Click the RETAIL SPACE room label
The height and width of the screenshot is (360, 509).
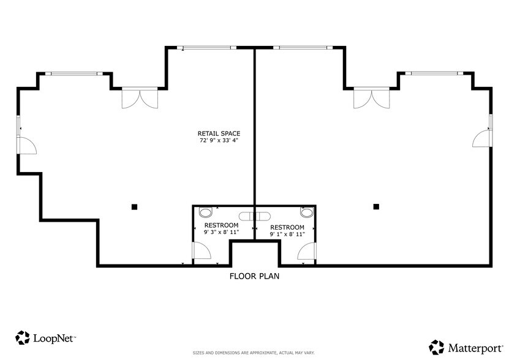point(219,133)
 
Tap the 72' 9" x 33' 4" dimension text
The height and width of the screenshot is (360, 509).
point(219,141)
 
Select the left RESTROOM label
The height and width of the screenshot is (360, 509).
point(221,225)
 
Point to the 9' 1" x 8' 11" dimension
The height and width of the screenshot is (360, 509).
point(287,234)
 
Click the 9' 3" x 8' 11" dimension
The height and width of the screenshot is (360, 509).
point(221,232)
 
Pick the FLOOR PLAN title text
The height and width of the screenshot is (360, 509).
point(255,276)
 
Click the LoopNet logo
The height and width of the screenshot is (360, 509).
point(46,338)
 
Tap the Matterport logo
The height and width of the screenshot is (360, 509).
point(466,348)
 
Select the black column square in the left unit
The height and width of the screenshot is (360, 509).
point(134,207)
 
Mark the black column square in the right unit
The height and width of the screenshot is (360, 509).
point(376,206)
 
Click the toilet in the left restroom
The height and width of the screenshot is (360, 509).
point(205,212)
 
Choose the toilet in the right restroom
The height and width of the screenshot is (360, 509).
point(307,212)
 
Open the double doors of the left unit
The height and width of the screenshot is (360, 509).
point(140,98)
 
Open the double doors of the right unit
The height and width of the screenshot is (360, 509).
point(372,98)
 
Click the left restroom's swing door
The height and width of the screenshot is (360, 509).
point(202,251)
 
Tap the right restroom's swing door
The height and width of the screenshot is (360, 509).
point(307,251)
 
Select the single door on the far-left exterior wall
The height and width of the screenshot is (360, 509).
point(26,146)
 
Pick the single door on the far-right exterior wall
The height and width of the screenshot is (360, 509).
point(483,138)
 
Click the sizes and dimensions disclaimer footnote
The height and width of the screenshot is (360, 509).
point(254,353)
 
